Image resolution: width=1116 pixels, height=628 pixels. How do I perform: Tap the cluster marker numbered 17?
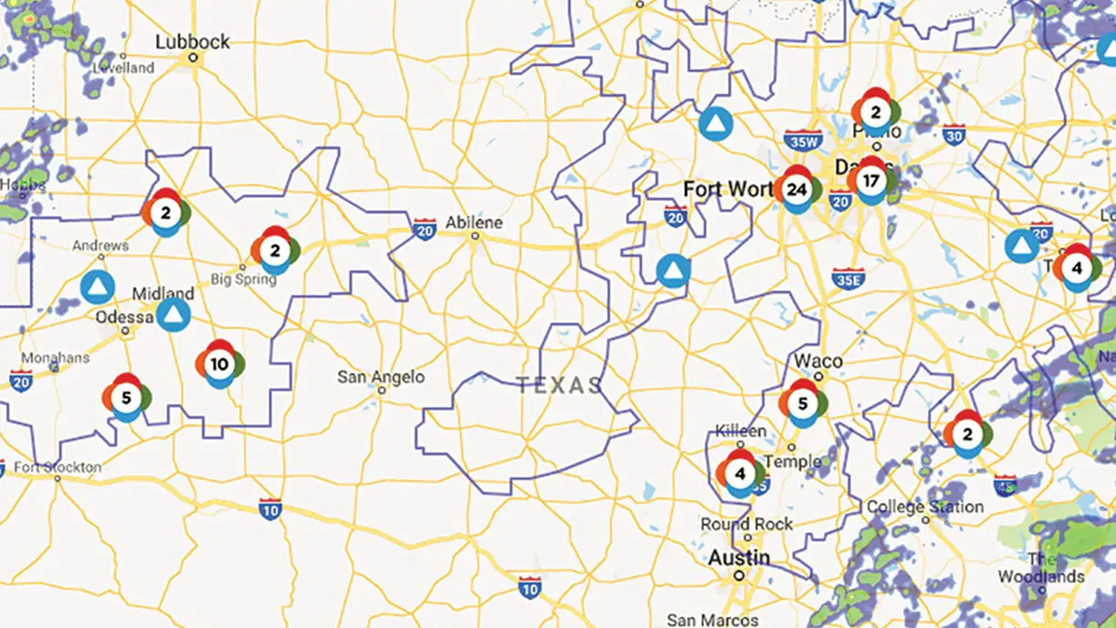870,181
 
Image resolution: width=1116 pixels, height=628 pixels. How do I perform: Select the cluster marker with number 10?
219,364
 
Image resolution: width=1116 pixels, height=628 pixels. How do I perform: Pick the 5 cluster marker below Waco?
803,403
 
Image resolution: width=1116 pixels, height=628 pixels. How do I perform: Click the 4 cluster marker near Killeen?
740,473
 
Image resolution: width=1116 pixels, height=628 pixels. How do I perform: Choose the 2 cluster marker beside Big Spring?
275,249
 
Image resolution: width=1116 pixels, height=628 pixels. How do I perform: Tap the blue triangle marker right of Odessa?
173,316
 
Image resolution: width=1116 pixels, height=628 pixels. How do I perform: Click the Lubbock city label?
193,42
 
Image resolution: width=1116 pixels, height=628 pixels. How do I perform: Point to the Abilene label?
474,222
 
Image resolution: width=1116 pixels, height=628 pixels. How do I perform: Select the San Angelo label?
381,376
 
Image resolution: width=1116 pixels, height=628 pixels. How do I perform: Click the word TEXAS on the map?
559,385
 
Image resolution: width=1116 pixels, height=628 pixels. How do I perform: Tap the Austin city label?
740,557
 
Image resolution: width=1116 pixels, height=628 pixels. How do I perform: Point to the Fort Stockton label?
58,467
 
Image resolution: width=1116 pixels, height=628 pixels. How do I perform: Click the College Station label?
925,507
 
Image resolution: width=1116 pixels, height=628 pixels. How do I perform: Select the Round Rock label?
747,524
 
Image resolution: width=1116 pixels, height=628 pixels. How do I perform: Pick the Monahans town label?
53,358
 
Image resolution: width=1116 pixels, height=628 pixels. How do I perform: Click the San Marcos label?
712,620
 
